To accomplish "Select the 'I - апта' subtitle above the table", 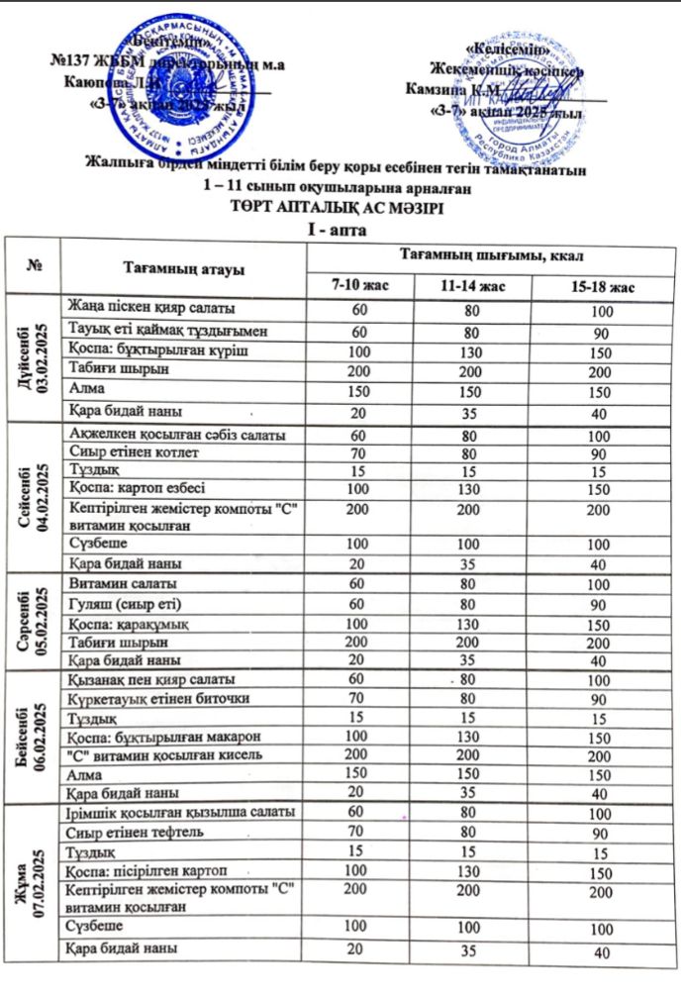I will (340, 229).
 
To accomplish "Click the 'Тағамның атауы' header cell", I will (183, 268).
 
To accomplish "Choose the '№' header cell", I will (36, 267).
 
